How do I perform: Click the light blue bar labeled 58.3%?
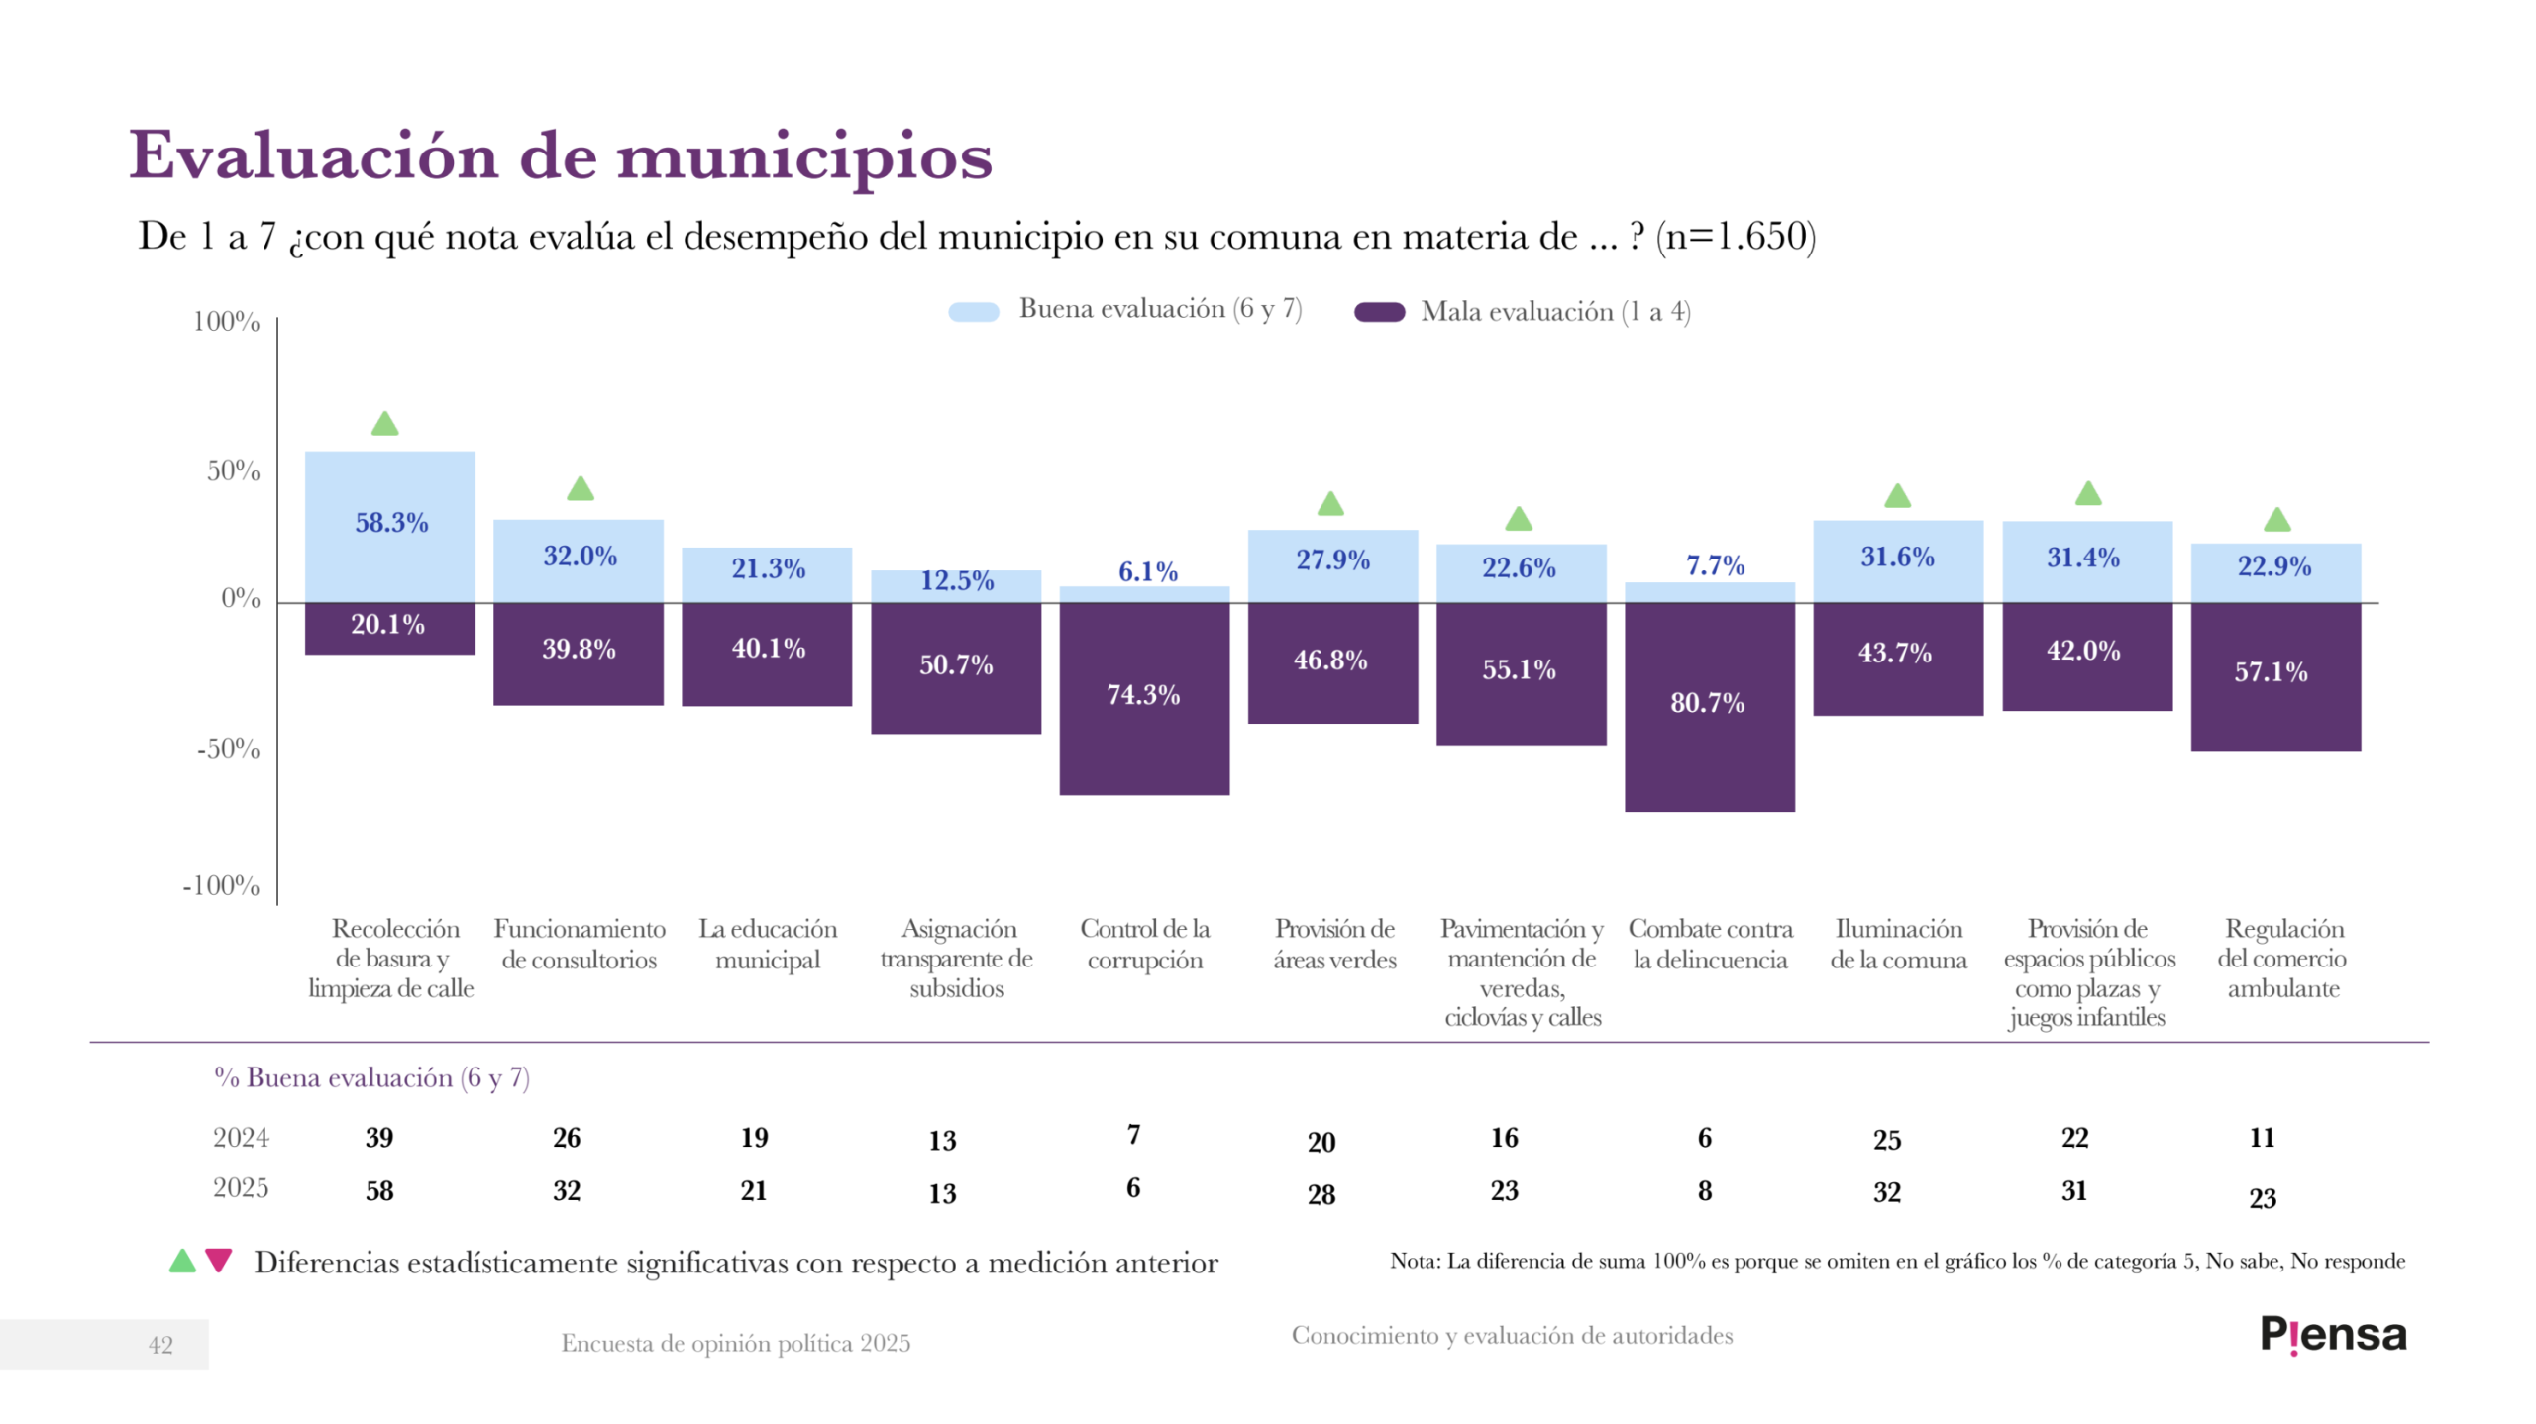tap(389, 525)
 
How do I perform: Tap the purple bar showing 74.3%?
tap(1144, 698)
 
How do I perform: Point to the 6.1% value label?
tap(1147, 571)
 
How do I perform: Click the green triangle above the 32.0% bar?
tap(580, 488)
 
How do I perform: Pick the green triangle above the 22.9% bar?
tap(2276, 519)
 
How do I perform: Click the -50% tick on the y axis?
tap(228, 748)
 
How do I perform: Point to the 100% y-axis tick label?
tap(226, 321)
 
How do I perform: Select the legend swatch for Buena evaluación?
tap(973, 311)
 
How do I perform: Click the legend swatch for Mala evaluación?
tap(1379, 312)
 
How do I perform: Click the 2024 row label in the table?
tap(241, 1137)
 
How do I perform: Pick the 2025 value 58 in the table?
tap(379, 1190)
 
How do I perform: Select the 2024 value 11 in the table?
tap(2262, 1137)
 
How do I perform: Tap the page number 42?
tap(160, 1344)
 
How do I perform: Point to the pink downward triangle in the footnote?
tap(219, 1260)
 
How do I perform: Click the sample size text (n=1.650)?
tap(1736, 236)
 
